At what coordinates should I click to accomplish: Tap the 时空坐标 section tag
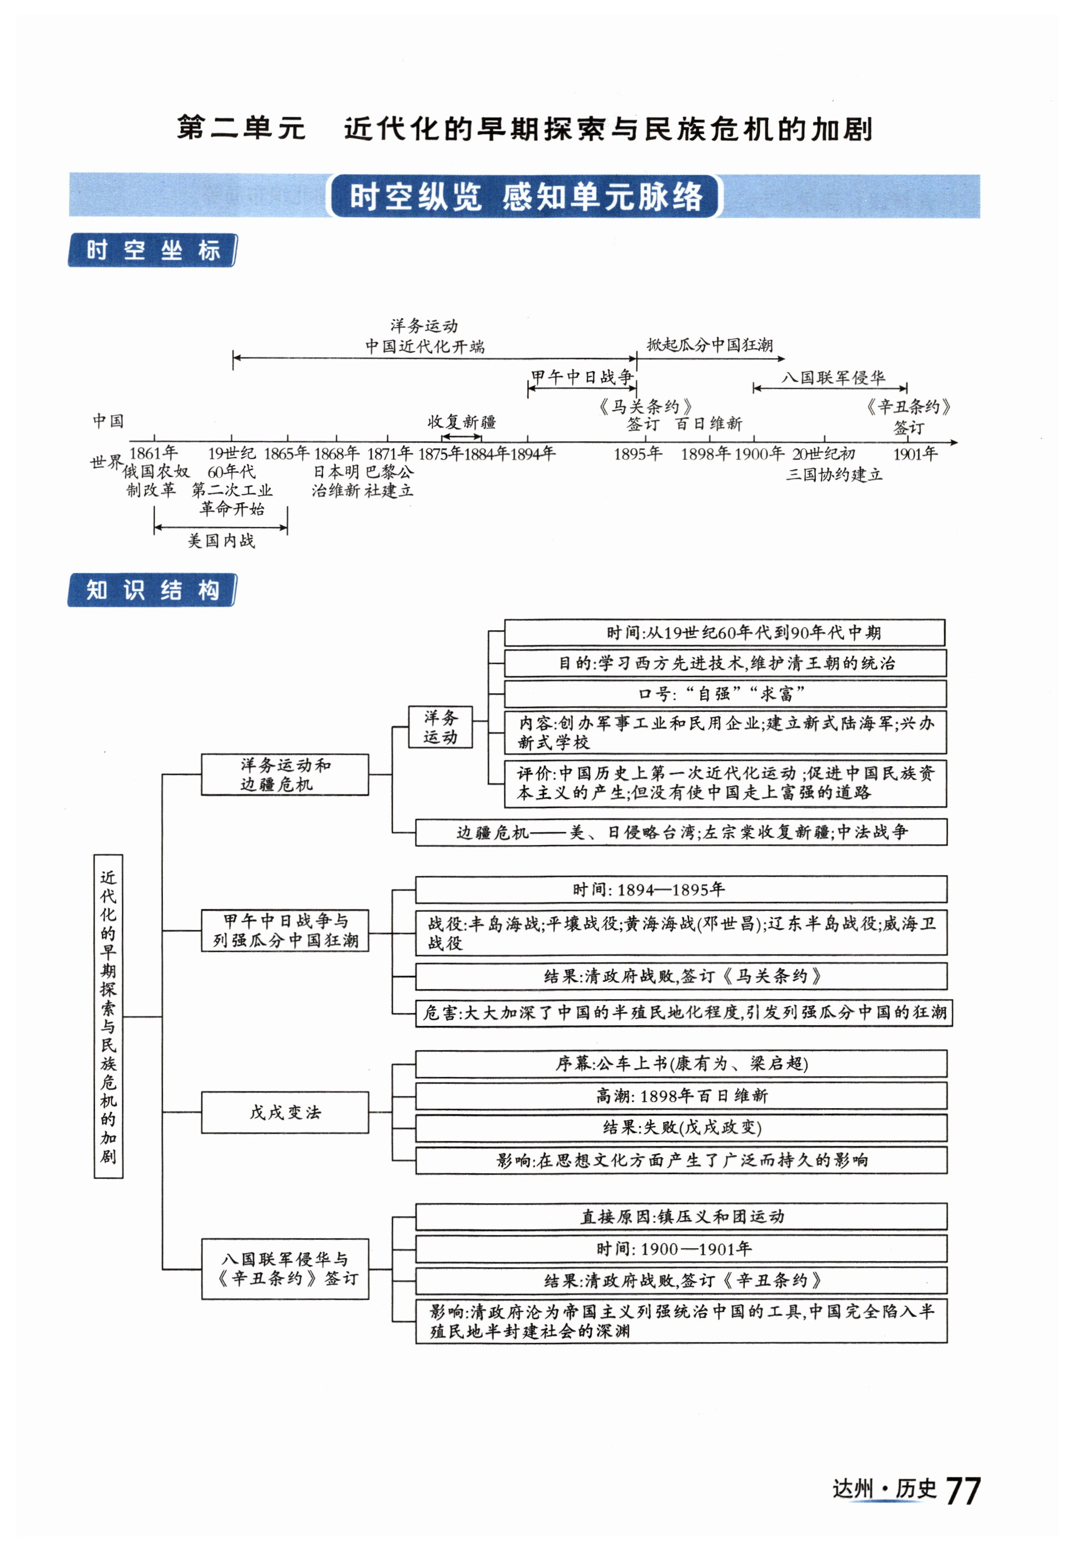pyautogui.click(x=153, y=250)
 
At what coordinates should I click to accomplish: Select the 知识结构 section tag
pyautogui.click(x=153, y=590)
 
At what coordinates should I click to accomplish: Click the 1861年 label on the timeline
pyautogui.click(x=154, y=453)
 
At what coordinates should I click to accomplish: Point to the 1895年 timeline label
pyautogui.click(x=637, y=453)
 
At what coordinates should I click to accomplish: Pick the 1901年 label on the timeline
pyautogui.click(x=915, y=453)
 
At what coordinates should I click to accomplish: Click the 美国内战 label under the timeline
pyautogui.click(x=221, y=541)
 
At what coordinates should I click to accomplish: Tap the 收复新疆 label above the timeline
pyautogui.click(x=462, y=422)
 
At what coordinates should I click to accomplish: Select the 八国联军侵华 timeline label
pyautogui.click(x=833, y=378)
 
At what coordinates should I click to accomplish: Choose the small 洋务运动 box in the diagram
pyautogui.click(x=440, y=727)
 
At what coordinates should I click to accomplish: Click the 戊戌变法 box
pyautogui.click(x=285, y=1113)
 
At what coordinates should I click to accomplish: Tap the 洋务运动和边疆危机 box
pyautogui.click(x=285, y=775)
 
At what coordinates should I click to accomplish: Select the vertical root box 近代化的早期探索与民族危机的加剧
pyautogui.click(x=108, y=1016)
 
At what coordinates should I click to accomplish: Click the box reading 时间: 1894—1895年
pyautogui.click(x=680, y=889)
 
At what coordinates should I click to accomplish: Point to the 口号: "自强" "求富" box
pyautogui.click(x=725, y=693)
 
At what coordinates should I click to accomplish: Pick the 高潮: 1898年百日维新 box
pyautogui.click(x=680, y=1096)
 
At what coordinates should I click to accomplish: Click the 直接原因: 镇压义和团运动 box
pyautogui.click(x=680, y=1216)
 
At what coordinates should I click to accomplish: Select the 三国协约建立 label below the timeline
pyautogui.click(x=834, y=475)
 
